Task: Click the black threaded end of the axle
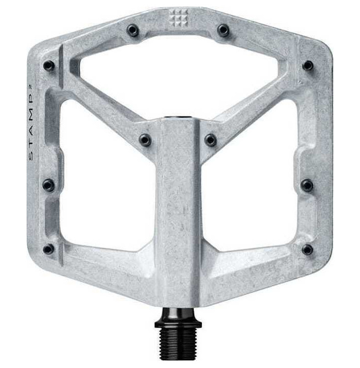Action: point(178,345)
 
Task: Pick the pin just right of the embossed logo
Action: point(223,30)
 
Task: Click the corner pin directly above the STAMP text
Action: point(49,66)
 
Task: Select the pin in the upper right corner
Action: point(307,65)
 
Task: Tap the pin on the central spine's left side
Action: point(145,140)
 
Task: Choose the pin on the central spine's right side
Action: point(211,140)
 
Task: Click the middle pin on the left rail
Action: point(48,185)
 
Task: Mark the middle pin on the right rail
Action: point(307,185)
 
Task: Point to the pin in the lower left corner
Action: point(49,249)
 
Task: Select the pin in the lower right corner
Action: point(307,249)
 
